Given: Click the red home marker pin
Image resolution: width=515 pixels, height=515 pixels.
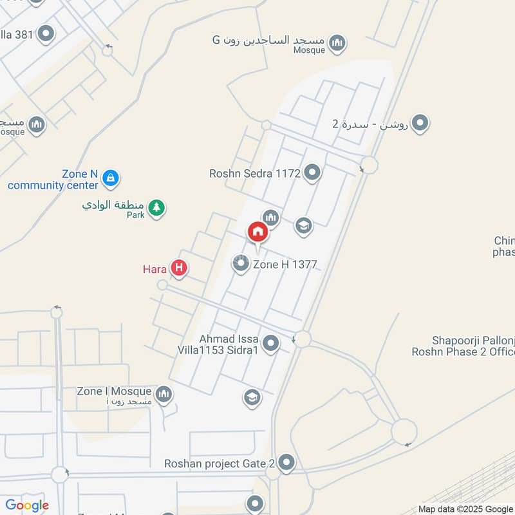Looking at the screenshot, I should coord(257,231).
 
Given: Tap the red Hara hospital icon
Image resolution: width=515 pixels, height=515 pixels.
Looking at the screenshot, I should coord(180,268).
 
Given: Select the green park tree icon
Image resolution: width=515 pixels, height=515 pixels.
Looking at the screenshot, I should coord(156,207).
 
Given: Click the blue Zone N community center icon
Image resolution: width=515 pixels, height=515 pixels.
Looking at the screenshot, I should coord(111,178).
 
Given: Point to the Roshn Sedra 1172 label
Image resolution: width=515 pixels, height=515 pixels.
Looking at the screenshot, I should coord(256,173).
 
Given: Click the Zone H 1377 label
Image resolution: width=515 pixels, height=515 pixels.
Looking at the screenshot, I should coord(285,264).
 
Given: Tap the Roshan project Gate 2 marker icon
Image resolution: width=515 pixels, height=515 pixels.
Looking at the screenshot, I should coord(286,462).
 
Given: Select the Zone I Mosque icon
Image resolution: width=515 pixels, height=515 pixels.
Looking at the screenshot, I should coord(164,393).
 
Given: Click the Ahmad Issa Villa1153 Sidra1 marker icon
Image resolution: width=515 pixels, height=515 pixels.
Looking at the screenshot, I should coord(271,344).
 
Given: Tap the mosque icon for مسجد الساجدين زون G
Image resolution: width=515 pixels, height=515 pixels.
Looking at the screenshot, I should coord(337,43).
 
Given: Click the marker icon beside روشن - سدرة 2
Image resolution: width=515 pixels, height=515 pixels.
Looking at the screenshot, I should coord(420,122).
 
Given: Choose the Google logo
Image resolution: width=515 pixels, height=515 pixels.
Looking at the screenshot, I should coord(27,505).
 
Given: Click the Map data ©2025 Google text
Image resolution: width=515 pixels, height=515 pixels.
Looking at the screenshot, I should coord(465,509).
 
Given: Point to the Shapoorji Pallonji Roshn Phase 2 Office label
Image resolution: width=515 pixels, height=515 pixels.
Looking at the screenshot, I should coord(464,346).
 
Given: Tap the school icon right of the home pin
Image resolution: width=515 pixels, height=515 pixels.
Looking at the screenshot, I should coord(303,225).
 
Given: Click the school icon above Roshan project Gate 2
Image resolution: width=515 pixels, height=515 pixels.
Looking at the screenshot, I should coord(252,398).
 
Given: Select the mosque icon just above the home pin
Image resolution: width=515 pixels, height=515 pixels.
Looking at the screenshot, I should coord(270,218).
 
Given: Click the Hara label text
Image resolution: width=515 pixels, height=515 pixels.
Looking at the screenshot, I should coord(155,269).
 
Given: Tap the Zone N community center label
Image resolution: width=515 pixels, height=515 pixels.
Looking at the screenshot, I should coord(53,180).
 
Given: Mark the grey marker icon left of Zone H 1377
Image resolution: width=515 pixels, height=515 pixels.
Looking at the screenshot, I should coord(241,264).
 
